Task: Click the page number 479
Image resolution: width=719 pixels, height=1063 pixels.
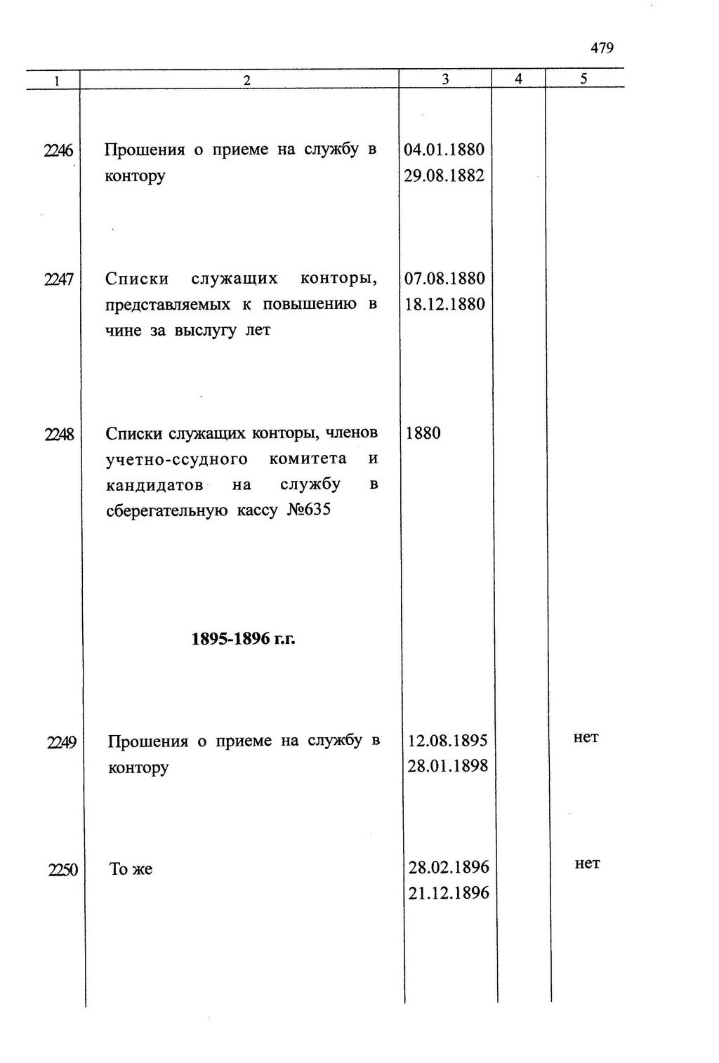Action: tap(602, 48)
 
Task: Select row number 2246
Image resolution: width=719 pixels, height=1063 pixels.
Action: tap(59, 150)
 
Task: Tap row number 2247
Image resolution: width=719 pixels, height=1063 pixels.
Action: tap(59, 279)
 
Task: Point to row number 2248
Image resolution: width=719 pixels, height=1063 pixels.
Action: tap(59, 434)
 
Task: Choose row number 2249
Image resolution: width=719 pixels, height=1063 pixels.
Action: tap(62, 741)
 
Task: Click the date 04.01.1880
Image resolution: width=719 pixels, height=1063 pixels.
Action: tap(444, 150)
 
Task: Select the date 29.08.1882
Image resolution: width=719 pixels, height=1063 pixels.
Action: tap(444, 176)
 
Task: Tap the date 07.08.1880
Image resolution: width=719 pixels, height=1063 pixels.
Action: tap(444, 279)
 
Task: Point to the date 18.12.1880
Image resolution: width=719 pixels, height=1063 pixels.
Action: tap(444, 305)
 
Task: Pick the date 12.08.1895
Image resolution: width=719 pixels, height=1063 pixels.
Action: tap(447, 741)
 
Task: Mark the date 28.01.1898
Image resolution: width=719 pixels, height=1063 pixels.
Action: tap(447, 766)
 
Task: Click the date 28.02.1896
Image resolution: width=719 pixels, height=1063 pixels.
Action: tap(449, 867)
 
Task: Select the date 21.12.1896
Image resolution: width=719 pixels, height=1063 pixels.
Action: tap(449, 893)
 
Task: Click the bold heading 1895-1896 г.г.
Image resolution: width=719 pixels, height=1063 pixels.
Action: tap(243, 639)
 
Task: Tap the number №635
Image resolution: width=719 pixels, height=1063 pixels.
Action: tap(309, 510)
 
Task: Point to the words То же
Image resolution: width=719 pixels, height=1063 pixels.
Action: tap(131, 869)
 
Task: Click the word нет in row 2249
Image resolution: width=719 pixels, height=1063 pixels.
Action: tap(586, 737)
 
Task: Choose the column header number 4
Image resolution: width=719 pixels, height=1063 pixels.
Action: tap(518, 79)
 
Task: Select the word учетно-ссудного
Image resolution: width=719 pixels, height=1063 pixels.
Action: tap(176, 459)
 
